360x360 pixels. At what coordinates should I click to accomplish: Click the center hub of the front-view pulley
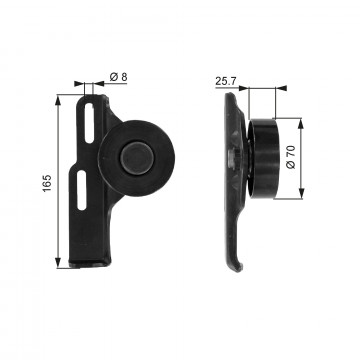pos(132,155)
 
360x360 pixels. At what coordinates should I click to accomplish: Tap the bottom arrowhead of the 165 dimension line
pos(61,267)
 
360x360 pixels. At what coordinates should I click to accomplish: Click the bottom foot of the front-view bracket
pos(90,264)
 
